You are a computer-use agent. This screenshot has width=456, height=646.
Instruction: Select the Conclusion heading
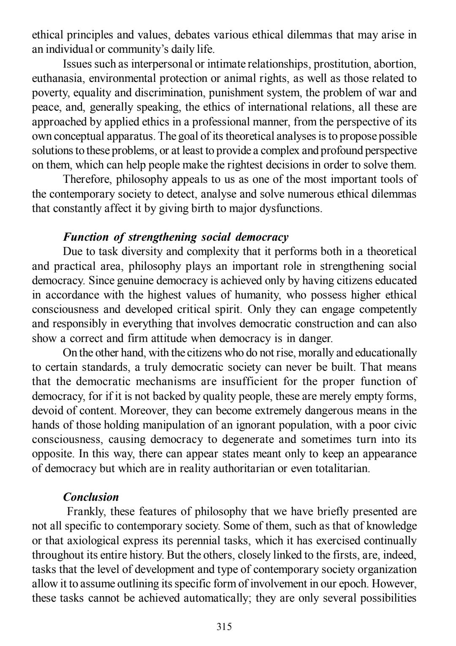[x=91, y=497]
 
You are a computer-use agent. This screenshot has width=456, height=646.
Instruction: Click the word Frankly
[x=87, y=512]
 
